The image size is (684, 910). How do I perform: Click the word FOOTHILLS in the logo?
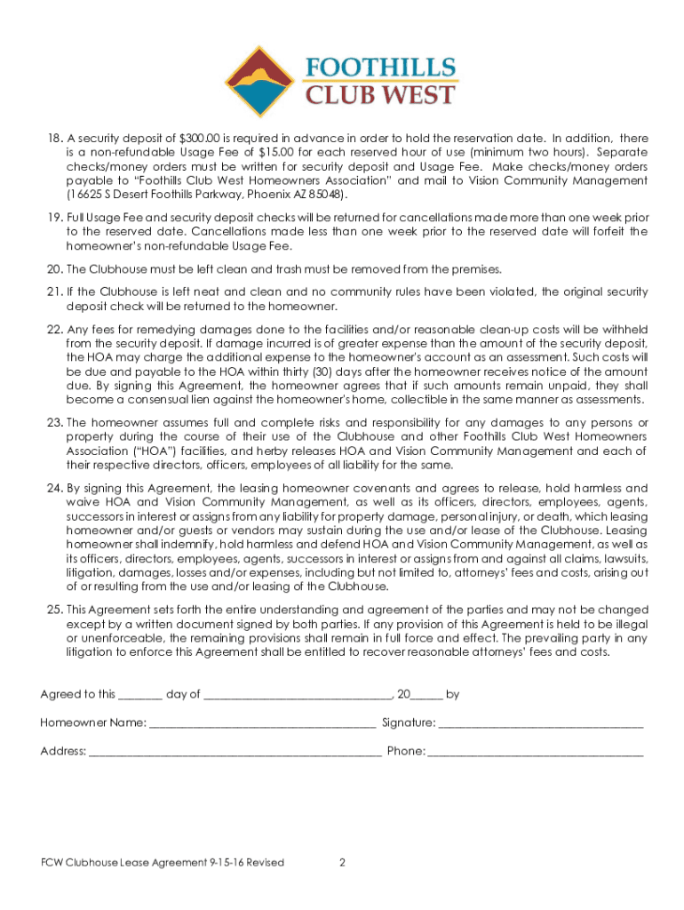click(381, 68)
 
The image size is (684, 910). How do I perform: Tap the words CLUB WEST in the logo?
click(381, 95)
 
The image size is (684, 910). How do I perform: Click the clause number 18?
click(52, 139)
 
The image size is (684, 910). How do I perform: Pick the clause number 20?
click(52, 269)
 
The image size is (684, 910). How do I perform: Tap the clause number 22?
click(52, 330)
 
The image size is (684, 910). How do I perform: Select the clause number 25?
click(52, 610)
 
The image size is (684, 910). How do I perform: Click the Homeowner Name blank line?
click(262, 723)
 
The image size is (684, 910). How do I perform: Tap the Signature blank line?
click(541, 723)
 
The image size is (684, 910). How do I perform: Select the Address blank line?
click(235, 752)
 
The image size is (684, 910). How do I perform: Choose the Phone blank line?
click(537, 752)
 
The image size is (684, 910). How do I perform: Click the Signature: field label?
click(409, 722)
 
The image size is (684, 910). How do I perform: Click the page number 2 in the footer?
click(342, 863)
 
